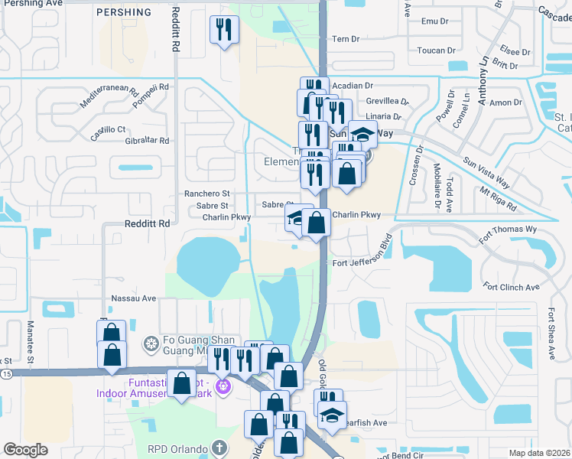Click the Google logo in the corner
[x=26, y=450]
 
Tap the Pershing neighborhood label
[x=124, y=13]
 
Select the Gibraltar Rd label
[x=145, y=141]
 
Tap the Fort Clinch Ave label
[x=512, y=287]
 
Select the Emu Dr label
[x=430, y=21]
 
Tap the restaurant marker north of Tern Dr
[x=225, y=30]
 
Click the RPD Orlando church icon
[x=219, y=448]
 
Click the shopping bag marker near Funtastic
[x=182, y=382]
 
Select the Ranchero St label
[x=206, y=194]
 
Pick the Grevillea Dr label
[x=387, y=101]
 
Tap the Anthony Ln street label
[x=483, y=73]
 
